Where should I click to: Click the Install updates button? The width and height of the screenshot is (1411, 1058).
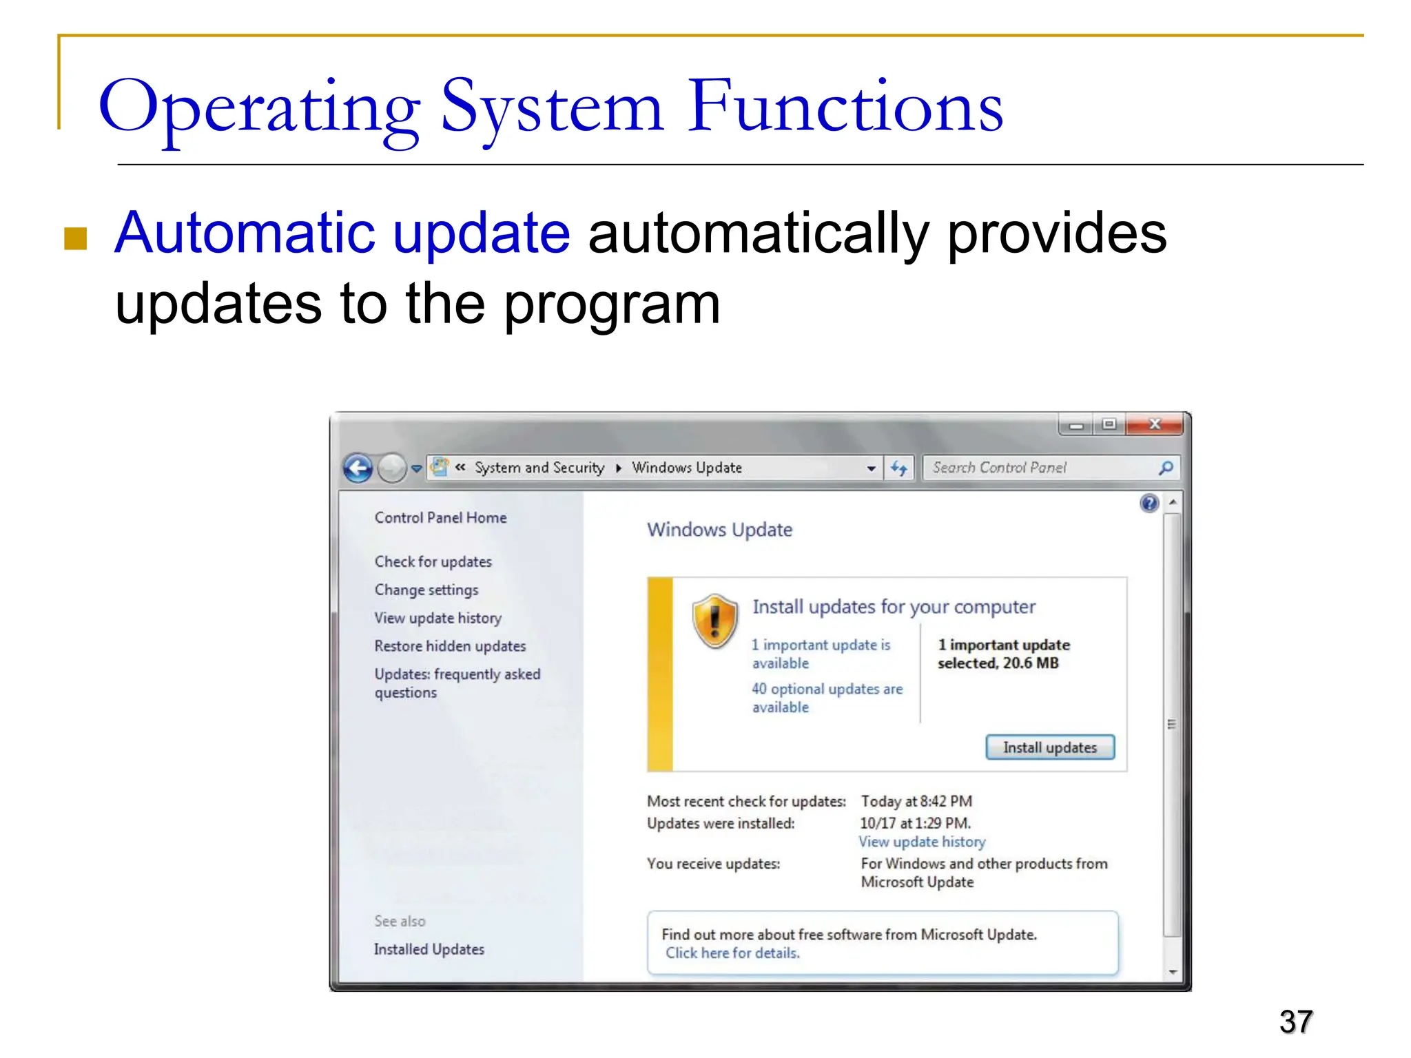click(x=1049, y=747)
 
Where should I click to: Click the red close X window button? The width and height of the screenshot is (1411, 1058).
click(x=1155, y=424)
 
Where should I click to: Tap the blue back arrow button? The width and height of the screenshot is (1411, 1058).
click(x=358, y=468)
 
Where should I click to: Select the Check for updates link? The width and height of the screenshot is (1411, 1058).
click(x=433, y=561)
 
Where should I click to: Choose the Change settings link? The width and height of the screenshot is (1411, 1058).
click(x=426, y=590)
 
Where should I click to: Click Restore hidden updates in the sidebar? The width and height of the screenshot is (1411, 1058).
click(x=450, y=646)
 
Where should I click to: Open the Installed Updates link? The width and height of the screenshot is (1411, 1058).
click(x=429, y=949)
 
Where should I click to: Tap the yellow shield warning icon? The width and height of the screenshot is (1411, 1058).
click(x=715, y=620)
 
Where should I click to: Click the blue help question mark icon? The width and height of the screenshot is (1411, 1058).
click(x=1149, y=504)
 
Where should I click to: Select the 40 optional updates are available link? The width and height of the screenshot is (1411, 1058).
click(x=826, y=697)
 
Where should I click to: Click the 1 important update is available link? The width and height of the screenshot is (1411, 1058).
click(x=820, y=653)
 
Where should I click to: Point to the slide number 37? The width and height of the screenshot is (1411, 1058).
click(x=1296, y=1021)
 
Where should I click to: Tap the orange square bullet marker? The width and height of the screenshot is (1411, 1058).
click(x=75, y=239)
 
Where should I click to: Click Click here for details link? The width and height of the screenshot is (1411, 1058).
click(x=732, y=953)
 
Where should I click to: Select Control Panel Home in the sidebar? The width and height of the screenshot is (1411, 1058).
click(x=440, y=517)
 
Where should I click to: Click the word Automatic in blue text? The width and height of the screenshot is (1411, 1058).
click(x=245, y=233)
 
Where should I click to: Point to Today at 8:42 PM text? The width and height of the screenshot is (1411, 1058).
click(x=916, y=801)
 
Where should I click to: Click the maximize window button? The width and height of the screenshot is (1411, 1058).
click(x=1109, y=424)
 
